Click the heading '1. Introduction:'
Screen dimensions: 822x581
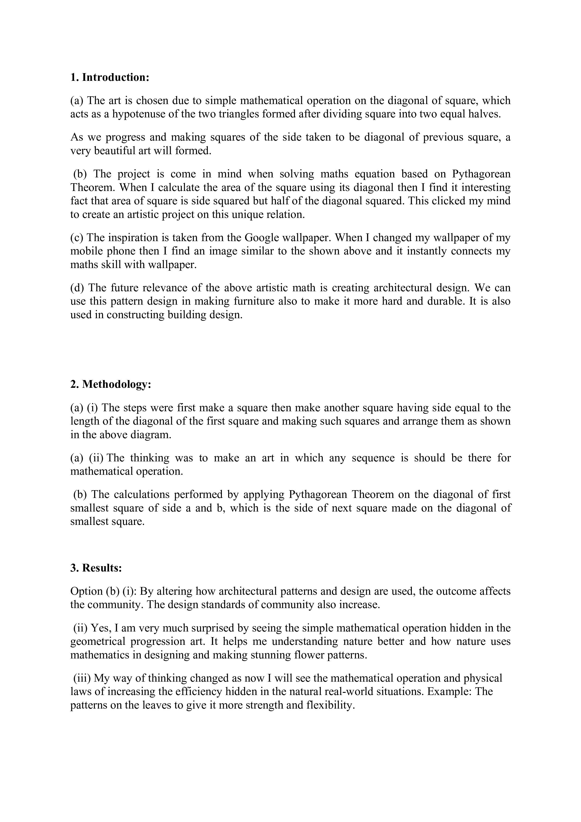[110, 77]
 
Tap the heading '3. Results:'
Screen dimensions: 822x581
[96, 568]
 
